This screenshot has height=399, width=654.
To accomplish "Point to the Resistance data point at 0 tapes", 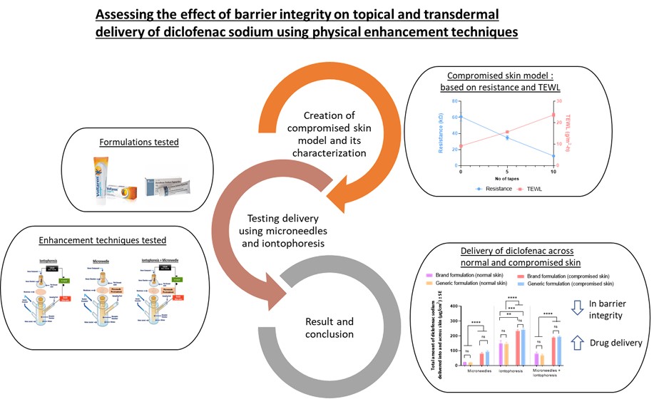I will pos(461,117).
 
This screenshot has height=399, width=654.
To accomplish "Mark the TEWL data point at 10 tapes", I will pos(553,115).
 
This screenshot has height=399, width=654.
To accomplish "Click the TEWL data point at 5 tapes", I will pos(507,133).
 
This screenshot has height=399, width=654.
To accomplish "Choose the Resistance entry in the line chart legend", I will pos(493,188).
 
